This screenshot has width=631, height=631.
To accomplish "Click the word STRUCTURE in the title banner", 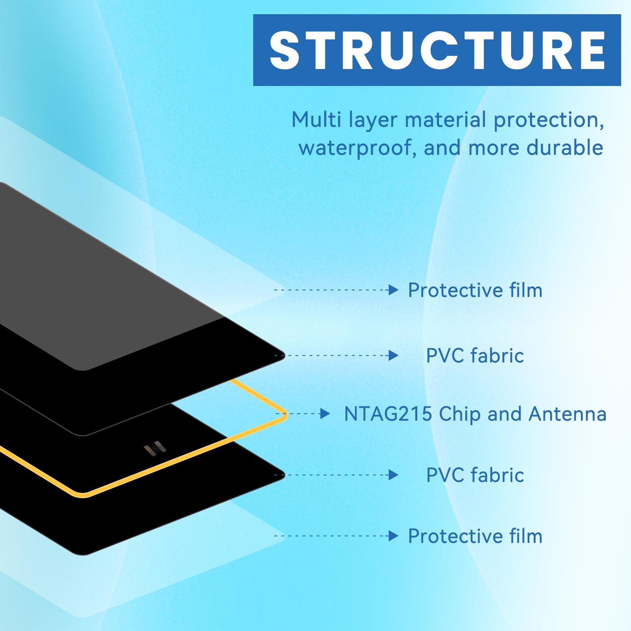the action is pyautogui.click(x=437, y=50).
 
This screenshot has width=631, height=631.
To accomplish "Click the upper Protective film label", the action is pyautogui.click(x=475, y=290).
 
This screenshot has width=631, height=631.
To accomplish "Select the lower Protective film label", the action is pyautogui.click(x=475, y=536).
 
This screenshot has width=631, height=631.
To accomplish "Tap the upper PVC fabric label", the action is pyautogui.click(x=475, y=356).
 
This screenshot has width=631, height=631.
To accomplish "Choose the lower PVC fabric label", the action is pyautogui.click(x=475, y=475).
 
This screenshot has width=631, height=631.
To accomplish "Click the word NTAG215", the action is pyautogui.click(x=388, y=414).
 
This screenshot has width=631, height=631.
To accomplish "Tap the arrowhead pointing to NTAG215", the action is pyautogui.click(x=325, y=414).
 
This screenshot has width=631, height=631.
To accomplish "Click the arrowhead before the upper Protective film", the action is pyautogui.click(x=393, y=290).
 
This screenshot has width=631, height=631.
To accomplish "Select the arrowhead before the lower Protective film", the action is pyautogui.click(x=393, y=536).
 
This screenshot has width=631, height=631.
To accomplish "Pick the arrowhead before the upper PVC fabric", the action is pyautogui.click(x=393, y=356).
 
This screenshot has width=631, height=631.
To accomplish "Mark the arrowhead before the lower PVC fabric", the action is pyautogui.click(x=393, y=475).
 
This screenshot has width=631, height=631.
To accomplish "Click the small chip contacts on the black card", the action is pyautogui.click(x=155, y=449).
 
